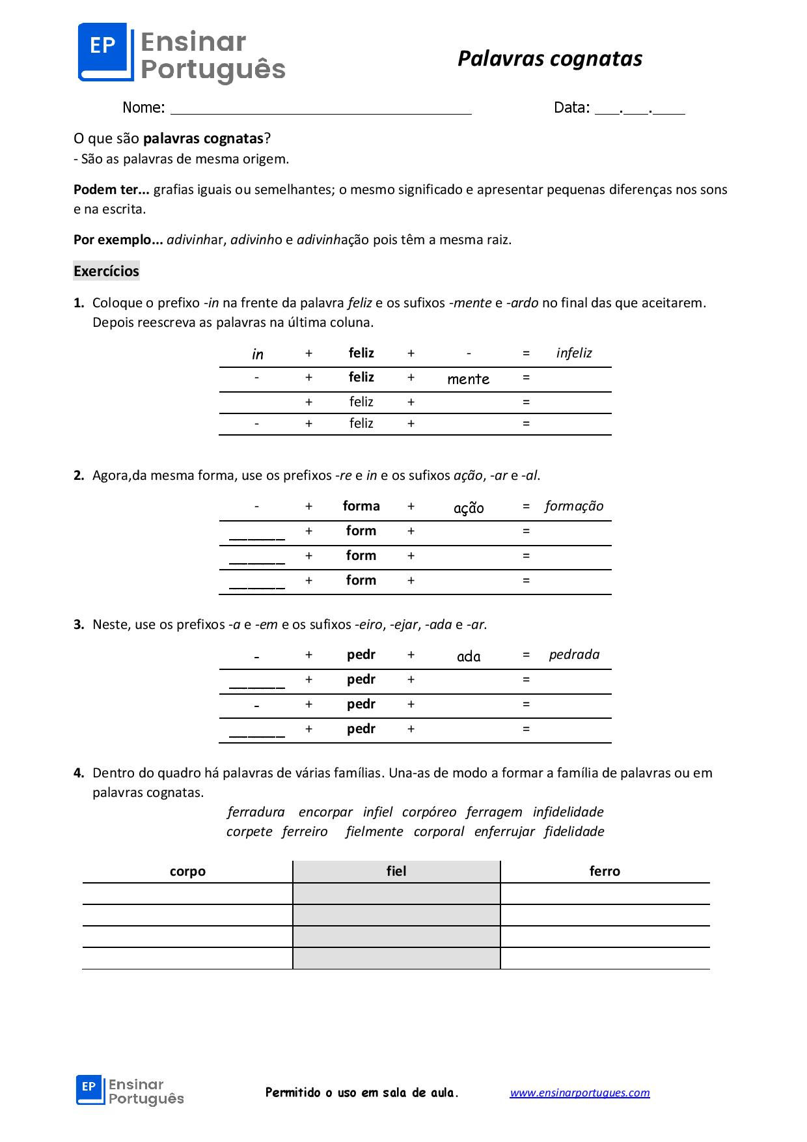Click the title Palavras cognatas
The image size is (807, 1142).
point(549,59)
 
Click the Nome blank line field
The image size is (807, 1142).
point(320,108)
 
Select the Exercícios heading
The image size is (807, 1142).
point(106,271)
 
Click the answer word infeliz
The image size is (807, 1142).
point(573,353)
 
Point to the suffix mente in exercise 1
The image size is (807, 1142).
point(468,379)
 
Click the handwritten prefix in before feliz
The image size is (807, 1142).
point(257,354)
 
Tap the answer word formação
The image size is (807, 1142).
point(573,506)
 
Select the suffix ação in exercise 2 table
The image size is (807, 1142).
point(468,508)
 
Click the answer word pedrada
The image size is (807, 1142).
point(573,654)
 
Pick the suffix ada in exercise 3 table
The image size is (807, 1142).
point(468,656)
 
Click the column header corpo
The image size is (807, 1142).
point(187,871)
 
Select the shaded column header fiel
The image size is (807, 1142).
point(396,871)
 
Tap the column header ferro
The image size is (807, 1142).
point(604,871)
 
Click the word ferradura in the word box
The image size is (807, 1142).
point(256,812)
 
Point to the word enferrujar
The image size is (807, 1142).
point(504,831)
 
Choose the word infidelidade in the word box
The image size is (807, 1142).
point(568,812)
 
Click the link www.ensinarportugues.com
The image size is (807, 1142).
point(579,1093)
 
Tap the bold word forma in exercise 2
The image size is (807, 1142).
point(361,506)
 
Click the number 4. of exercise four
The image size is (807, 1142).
point(79,773)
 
